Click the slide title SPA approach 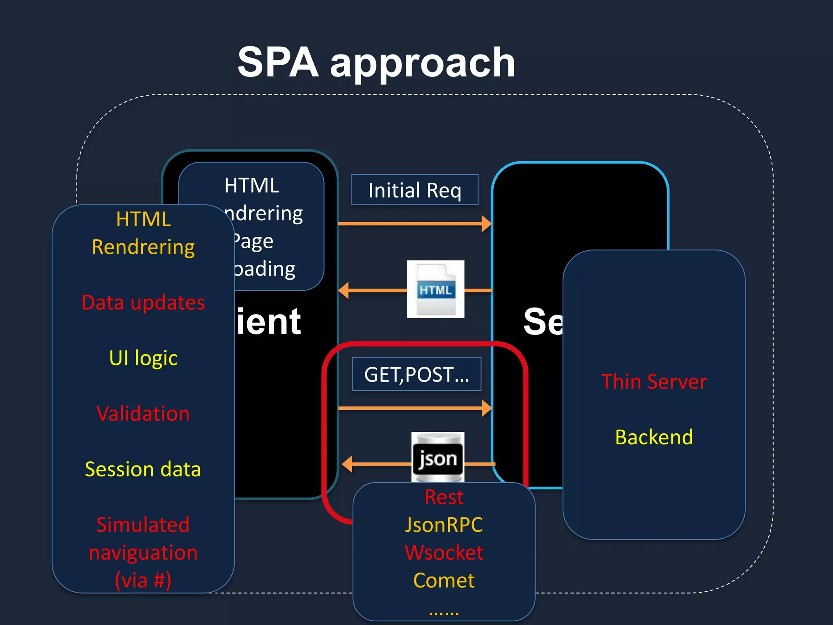tap(376, 63)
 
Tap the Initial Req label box tap(414, 190)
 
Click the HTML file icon tap(436, 289)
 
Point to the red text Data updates tap(143, 303)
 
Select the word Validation tap(143, 414)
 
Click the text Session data tap(143, 469)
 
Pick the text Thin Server tap(654, 382)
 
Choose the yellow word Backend tap(654, 437)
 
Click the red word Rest tap(444, 497)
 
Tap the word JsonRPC tap(444, 525)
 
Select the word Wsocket tap(444, 553)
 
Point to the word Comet tap(444, 580)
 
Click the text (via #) tap(143, 580)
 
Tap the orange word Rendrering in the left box tap(143, 247)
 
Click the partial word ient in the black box tap(269, 321)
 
